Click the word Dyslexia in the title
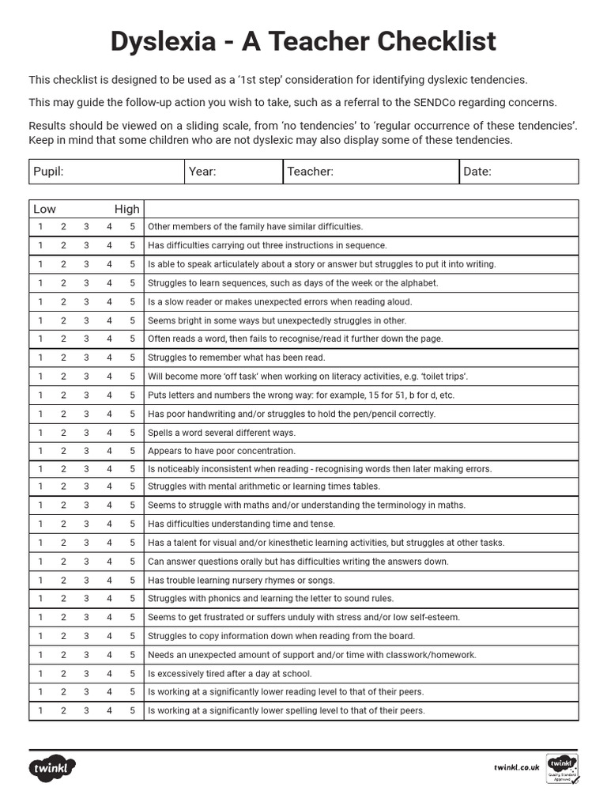[x=162, y=41]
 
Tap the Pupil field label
[x=48, y=172]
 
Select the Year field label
[x=202, y=172]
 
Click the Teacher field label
[x=310, y=172]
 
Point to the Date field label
[x=477, y=172]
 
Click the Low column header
[x=44, y=209]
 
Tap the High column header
[x=126, y=209]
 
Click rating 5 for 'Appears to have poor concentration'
[x=133, y=451]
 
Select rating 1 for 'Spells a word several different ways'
[x=40, y=433]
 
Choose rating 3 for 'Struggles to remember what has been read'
[x=86, y=358]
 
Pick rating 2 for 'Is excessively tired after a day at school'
[x=63, y=674]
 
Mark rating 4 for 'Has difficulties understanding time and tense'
[x=109, y=524]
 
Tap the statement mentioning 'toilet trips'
[x=307, y=377]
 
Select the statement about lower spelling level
[x=286, y=710]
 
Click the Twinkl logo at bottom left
[x=53, y=767]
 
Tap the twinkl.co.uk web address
[x=516, y=767]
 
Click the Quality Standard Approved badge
[x=562, y=769]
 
